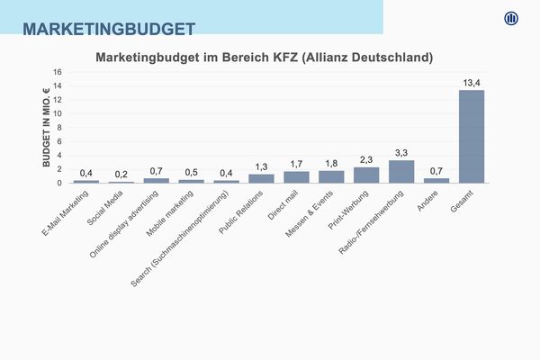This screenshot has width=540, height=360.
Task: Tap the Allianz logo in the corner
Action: point(512,19)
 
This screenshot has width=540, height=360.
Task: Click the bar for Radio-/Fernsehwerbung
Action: point(401,172)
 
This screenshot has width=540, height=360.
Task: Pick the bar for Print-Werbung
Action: point(366,175)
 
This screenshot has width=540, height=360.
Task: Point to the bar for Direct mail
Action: point(296,177)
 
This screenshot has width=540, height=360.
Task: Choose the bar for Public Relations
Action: point(261,178)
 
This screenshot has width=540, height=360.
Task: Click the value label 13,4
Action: point(472,83)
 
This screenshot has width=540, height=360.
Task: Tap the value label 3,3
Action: point(401,152)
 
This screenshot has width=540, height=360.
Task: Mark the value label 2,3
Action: point(366,159)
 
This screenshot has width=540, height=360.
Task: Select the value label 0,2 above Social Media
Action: point(121,174)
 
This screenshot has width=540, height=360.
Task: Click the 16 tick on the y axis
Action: point(58,72)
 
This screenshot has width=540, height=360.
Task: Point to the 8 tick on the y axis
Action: point(59,128)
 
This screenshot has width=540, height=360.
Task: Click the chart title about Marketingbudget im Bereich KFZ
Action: point(265,57)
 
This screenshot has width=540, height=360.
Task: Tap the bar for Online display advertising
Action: point(156,180)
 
